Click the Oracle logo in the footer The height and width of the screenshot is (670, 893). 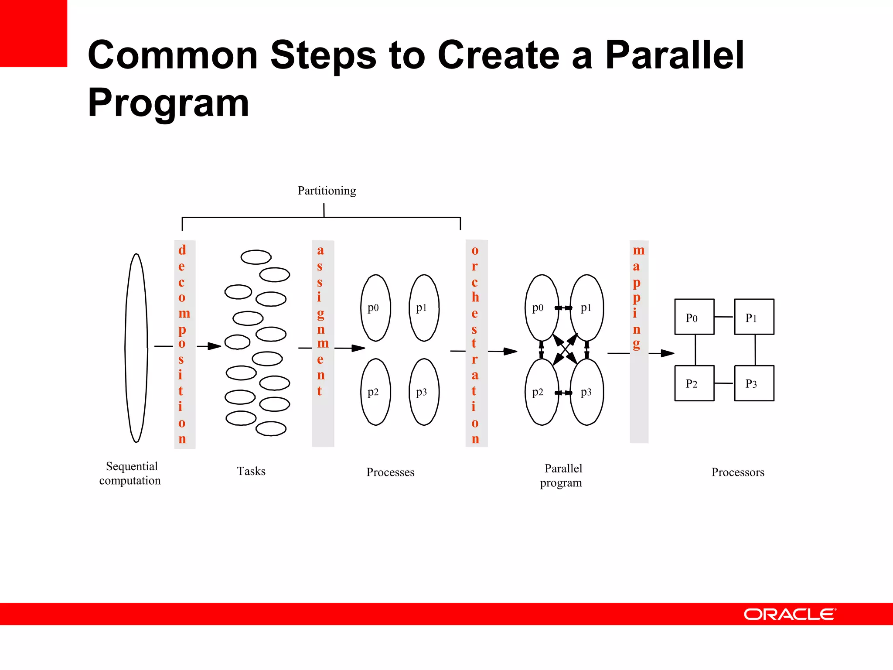tap(789, 614)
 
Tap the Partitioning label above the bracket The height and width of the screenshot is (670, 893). tap(327, 191)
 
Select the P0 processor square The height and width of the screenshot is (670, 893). tap(694, 317)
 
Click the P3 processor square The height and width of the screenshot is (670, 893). tap(754, 383)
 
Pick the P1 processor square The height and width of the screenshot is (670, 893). tap(754, 317)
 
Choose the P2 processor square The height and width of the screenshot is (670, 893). tap(694, 383)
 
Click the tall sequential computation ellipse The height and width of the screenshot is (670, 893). tap(136, 348)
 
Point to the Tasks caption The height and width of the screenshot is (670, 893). tap(251, 471)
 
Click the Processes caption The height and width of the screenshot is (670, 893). tap(390, 472)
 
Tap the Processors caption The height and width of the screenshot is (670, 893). tap(738, 472)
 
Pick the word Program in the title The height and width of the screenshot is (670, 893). tap(168, 103)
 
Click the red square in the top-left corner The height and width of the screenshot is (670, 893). tap(33, 33)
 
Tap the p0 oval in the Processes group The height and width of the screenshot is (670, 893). tap(375, 308)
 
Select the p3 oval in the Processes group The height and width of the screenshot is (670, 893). tap(424, 392)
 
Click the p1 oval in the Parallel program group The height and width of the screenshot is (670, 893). tap(587, 308)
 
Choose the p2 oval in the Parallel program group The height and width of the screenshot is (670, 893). tap(541, 392)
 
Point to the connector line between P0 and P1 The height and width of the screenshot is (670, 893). tap(724, 317)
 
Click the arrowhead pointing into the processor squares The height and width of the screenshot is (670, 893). tap(668, 353)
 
